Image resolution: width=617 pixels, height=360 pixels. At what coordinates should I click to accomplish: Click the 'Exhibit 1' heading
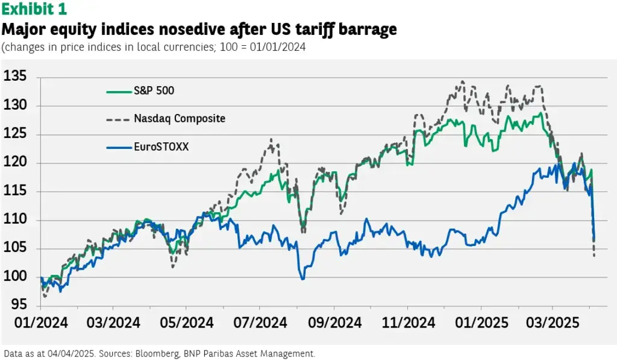pos(35,10)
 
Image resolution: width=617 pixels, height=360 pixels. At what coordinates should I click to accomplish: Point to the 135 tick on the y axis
pos(16,77)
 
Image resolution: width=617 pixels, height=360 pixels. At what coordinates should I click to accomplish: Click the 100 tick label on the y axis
pos(16,277)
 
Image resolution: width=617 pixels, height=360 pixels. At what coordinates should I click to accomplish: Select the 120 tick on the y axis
pos(16,163)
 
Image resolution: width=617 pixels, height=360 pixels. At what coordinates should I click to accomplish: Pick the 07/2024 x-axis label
pos(259,323)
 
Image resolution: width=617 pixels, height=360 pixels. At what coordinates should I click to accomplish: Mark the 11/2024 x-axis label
pos(407,323)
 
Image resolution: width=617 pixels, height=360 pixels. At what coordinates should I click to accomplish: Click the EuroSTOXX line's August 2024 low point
pos(302,279)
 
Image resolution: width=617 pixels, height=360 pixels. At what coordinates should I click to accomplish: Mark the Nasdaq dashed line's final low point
pos(595,256)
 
